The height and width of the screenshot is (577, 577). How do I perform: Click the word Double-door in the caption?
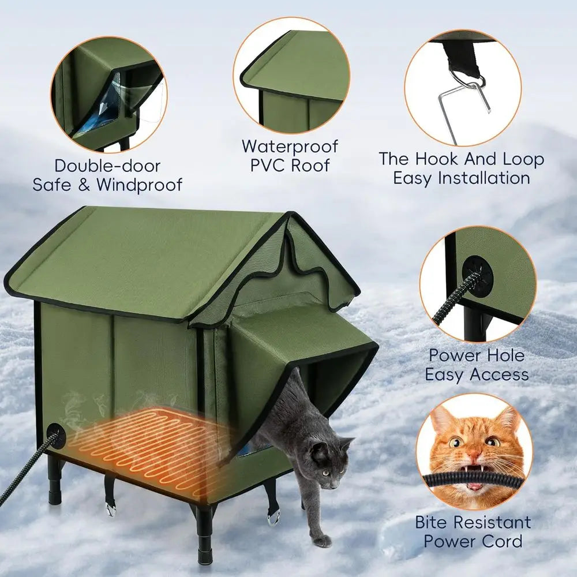click(x=107, y=166)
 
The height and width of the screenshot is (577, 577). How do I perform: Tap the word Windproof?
click(x=139, y=185)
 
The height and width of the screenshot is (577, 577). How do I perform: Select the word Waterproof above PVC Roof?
click(x=290, y=146)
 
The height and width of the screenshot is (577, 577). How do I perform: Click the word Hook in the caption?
click(x=440, y=159)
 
